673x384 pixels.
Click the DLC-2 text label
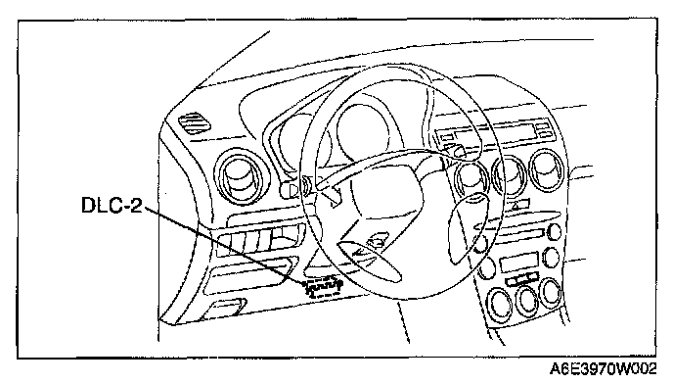(x=112, y=205)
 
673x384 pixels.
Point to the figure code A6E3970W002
(x=603, y=369)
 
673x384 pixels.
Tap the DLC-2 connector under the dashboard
(x=323, y=287)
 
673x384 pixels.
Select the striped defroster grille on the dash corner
(x=194, y=122)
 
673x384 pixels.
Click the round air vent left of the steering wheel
(x=242, y=176)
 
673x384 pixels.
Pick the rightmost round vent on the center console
(x=547, y=169)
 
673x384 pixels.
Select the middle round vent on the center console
(x=510, y=175)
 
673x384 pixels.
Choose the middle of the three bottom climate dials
(x=526, y=300)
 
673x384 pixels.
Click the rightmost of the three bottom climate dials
(x=551, y=292)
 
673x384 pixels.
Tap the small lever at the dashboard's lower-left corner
(x=224, y=309)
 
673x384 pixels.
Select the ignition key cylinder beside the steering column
(x=289, y=190)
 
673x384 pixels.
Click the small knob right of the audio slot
(x=555, y=232)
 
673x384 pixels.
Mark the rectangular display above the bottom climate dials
(x=519, y=263)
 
